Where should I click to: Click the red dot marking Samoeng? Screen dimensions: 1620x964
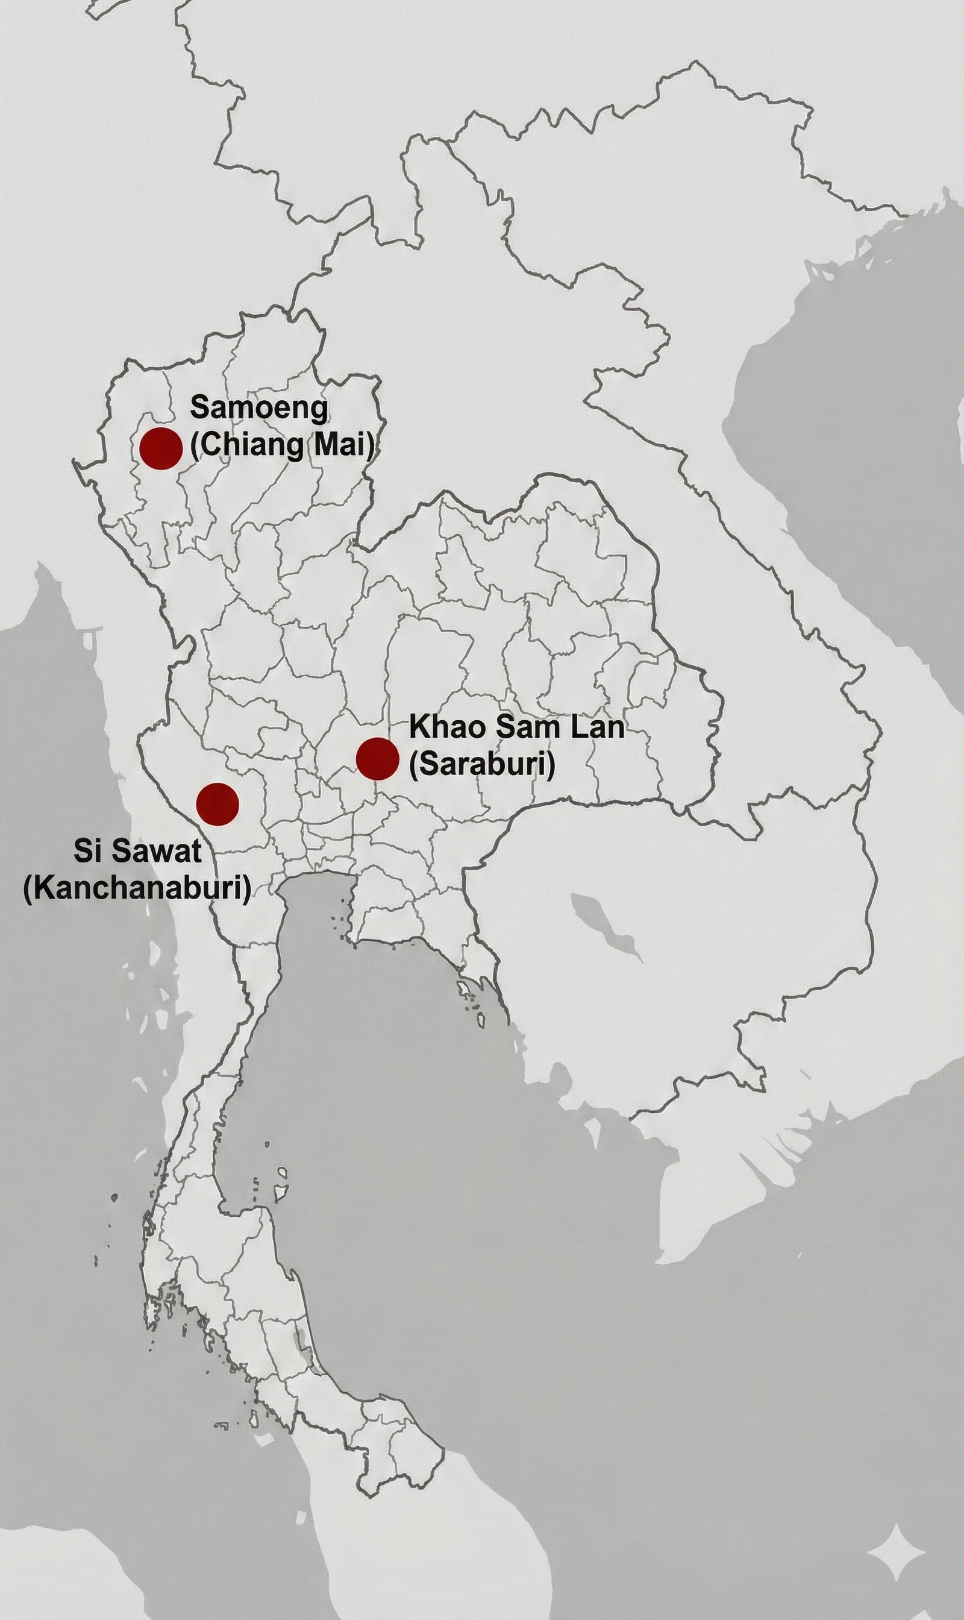tap(161, 448)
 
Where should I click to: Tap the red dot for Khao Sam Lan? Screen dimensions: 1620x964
tap(377, 758)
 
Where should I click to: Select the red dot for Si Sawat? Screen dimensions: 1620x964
tap(218, 804)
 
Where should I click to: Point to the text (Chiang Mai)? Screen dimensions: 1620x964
tap(283, 447)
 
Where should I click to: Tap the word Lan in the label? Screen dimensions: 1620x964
tap(598, 727)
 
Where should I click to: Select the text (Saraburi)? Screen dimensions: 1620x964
tap(481, 765)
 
